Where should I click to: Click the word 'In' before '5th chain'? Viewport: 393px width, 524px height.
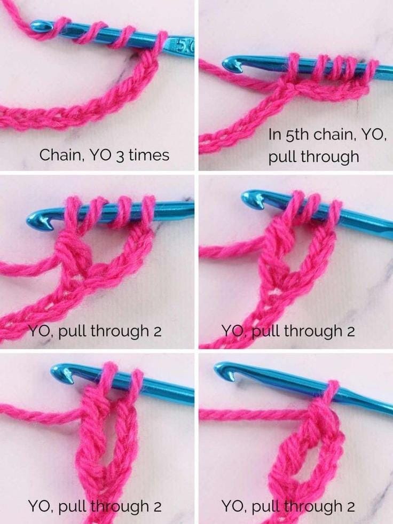[x=274, y=135]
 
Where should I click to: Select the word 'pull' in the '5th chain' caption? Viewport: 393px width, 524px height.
[x=282, y=157]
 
